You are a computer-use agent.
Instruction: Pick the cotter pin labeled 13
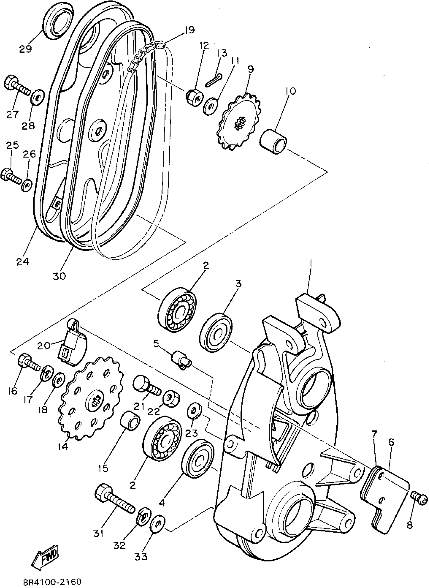[214, 80]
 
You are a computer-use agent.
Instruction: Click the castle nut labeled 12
[194, 97]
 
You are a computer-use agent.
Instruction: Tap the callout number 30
[60, 276]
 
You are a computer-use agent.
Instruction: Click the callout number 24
[23, 261]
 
